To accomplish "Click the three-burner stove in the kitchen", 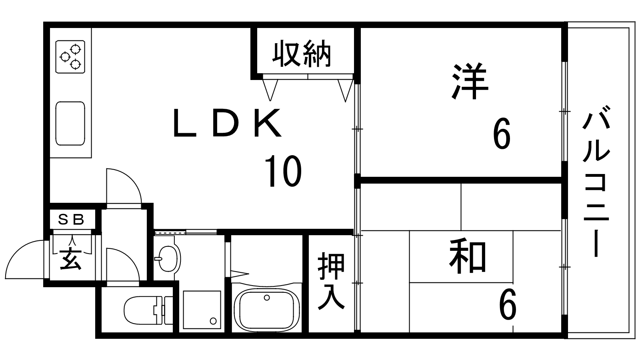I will (70, 56).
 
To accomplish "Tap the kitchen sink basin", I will (70, 123).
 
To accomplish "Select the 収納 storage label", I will (302, 54).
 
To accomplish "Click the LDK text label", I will (227, 123).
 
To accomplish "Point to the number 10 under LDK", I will (283, 172).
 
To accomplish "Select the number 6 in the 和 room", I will (507, 306).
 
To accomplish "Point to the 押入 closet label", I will (331, 282).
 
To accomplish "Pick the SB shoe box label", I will (72, 219).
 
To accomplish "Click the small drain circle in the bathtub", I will (266, 297).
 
